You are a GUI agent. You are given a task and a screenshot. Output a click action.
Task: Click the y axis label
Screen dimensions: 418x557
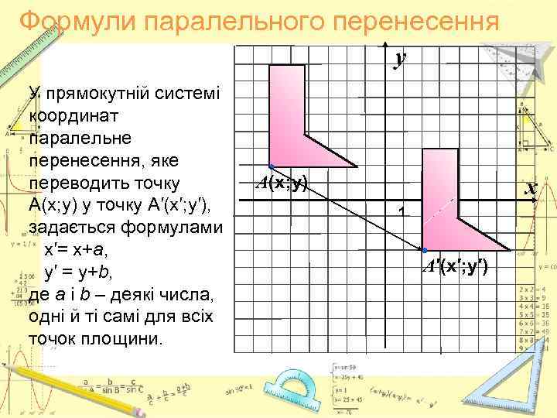point(400,58)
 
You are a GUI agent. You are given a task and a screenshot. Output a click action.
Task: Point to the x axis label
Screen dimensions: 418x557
point(530,188)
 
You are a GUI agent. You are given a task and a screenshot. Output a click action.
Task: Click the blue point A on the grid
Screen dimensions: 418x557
point(271,167)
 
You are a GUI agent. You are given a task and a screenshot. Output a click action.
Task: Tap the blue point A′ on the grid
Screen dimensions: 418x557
point(425,250)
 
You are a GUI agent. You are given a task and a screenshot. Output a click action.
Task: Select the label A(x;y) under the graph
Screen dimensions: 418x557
point(282,183)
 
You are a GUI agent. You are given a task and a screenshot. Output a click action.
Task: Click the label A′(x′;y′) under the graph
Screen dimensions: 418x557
point(455,268)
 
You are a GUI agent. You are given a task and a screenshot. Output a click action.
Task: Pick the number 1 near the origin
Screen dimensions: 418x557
point(401,211)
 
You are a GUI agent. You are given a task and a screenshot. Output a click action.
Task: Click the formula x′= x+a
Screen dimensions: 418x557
point(77,251)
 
